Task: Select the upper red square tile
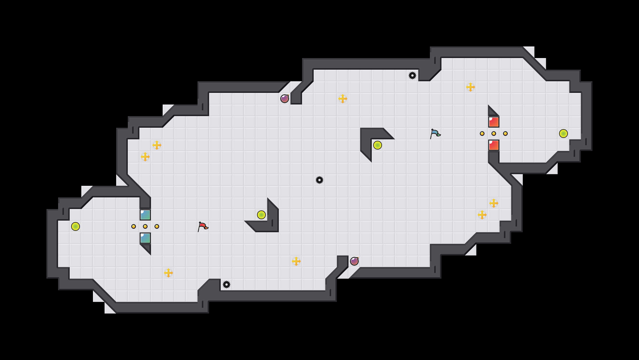click(x=494, y=122)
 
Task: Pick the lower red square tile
click(x=494, y=145)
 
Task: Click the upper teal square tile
click(x=145, y=215)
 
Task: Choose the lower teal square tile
click(x=145, y=238)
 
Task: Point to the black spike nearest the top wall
click(x=412, y=75)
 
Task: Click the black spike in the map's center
click(x=319, y=180)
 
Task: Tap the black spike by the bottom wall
click(x=227, y=285)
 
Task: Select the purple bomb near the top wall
click(x=285, y=99)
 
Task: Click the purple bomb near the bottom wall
click(x=354, y=261)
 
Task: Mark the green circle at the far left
click(x=76, y=226)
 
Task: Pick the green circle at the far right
click(x=563, y=134)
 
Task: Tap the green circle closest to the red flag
click(x=261, y=215)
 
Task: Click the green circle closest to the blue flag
click(x=378, y=145)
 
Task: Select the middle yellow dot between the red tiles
click(x=494, y=134)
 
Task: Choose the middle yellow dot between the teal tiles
click(x=145, y=226)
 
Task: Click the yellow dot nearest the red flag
click(x=157, y=226)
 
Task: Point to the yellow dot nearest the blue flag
click(x=482, y=134)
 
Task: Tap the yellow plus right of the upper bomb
click(x=343, y=99)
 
